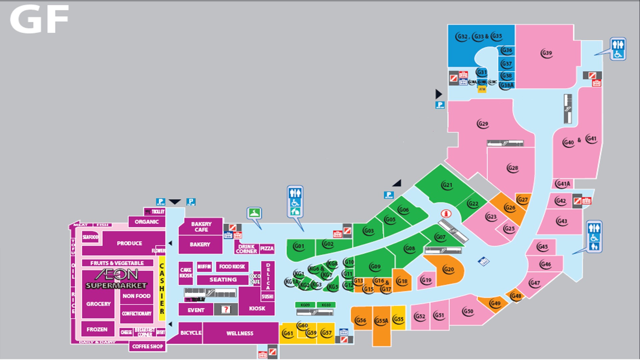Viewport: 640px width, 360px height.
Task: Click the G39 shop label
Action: (x=547, y=53)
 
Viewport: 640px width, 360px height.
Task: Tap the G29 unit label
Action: (x=483, y=124)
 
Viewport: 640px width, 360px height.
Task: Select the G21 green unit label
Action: (x=447, y=185)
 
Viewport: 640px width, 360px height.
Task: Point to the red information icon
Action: (x=446, y=213)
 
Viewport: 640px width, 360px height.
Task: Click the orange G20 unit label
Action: (x=448, y=269)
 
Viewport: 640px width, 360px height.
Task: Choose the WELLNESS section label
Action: (x=240, y=333)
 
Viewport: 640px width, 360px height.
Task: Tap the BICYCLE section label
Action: (x=191, y=333)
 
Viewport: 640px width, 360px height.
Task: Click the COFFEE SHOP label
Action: (x=147, y=346)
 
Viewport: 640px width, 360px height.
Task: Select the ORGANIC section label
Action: (x=146, y=222)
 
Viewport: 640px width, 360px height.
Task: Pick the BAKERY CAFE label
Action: (x=201, y=227)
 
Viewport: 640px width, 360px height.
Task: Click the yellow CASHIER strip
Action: (x=162, y=288)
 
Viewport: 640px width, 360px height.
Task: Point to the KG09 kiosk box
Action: (x=305, y=305)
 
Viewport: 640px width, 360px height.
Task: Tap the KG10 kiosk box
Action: (x=326, y=305)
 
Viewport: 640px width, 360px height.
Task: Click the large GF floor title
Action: (x=39, y=19)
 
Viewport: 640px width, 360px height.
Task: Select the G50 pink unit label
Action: (x=468, y=311)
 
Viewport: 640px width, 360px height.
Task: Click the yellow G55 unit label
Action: (x=398, y=319)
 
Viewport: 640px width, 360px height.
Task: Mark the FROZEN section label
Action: (x=97, y=329)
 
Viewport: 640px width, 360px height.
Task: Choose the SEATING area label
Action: (x=223, y=280)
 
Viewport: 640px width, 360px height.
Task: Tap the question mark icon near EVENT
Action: (x=226, y=310)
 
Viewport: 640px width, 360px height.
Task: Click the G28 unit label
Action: (x=513, y=168)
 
